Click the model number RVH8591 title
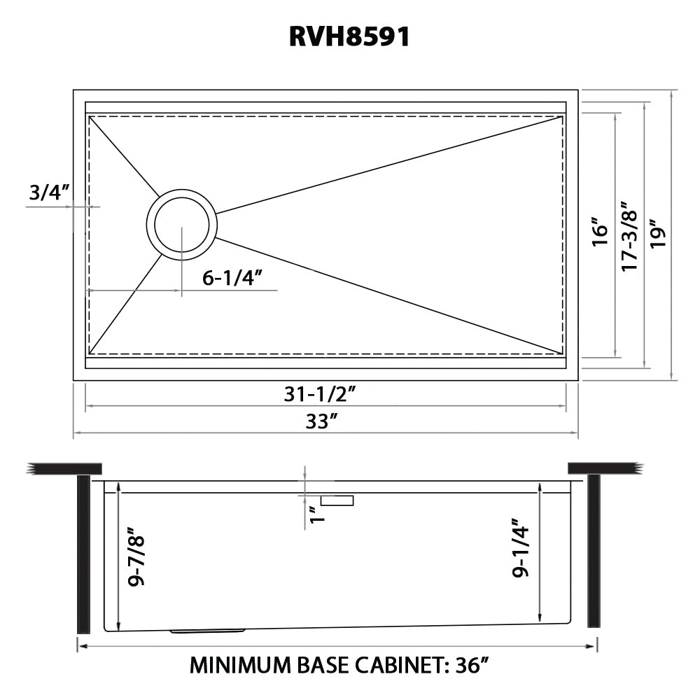[349, 36]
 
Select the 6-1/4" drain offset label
[231, 278]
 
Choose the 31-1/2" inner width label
[320, 393]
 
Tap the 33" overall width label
[321, 421]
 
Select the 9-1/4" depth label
[520, 548]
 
